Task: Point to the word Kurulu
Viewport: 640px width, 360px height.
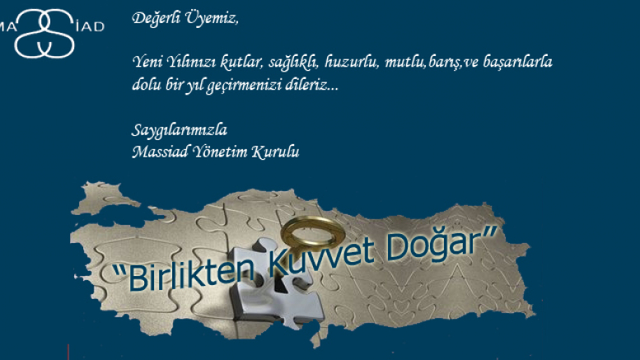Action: (278, 151)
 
